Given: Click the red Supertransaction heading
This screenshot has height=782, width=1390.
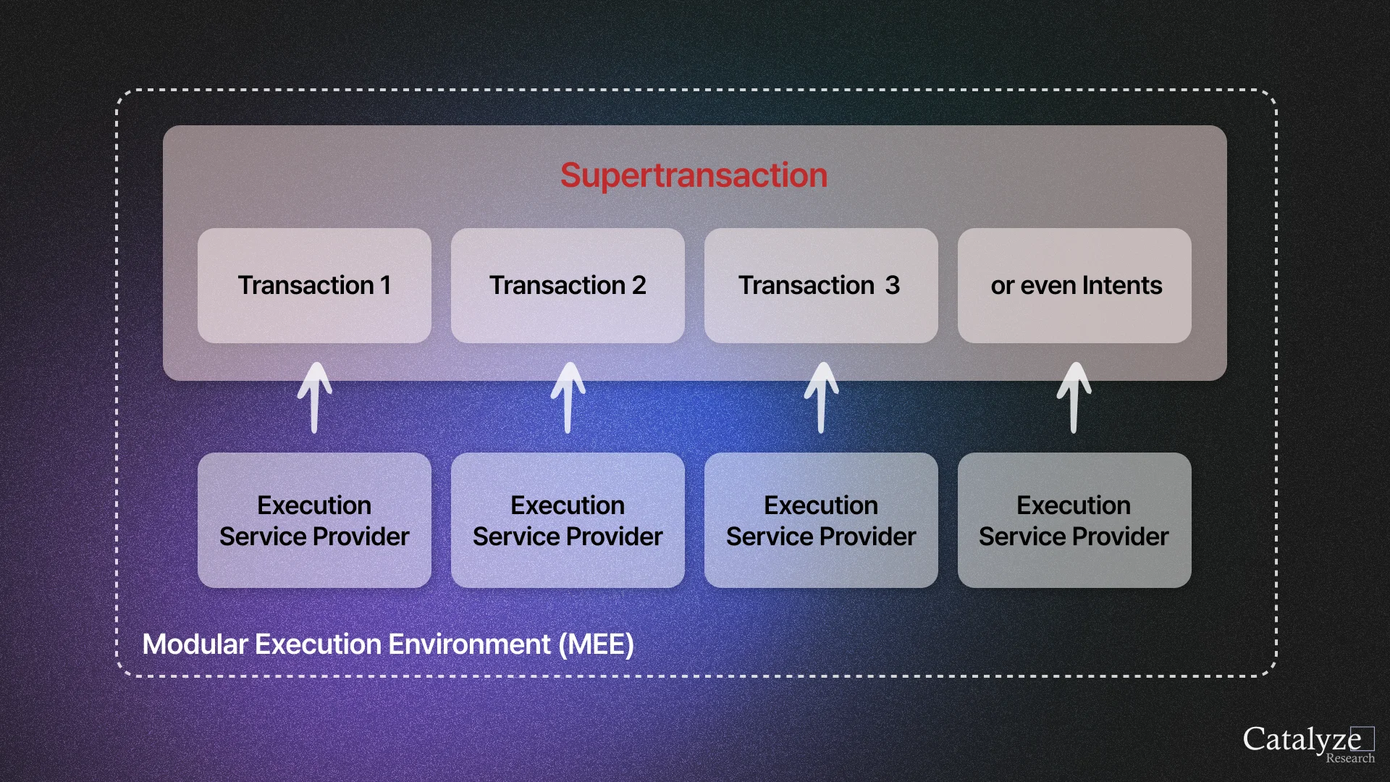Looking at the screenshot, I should (694, 175).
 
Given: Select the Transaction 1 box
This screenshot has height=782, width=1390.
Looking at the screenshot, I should (314, 285).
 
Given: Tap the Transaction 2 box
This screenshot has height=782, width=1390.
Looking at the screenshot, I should (568, 285).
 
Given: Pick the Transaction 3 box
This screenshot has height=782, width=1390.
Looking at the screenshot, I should (821, 285).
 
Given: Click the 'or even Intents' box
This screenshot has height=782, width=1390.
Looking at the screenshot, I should (1074, 285).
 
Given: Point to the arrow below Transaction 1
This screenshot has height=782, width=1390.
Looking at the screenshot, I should (314, 398).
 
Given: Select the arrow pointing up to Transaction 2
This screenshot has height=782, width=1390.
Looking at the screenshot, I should (568, 398).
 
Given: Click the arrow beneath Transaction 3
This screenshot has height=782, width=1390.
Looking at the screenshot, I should (821, 398).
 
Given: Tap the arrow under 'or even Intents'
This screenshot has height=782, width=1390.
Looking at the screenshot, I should (1074, 398).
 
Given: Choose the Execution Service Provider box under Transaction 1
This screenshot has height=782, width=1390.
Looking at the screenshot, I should (314, 520).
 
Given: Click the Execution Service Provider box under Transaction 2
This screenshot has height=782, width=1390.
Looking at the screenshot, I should (568, 520).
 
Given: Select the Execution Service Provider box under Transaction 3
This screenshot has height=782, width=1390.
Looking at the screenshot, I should (821, 520).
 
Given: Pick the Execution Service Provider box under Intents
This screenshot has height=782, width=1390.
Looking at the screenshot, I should (1074, 520).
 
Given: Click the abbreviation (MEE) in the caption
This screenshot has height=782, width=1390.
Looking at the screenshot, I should (596, 644).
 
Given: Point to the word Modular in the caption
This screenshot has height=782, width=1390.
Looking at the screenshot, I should (195, 644).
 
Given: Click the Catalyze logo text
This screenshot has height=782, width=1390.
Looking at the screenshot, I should (1301, 739).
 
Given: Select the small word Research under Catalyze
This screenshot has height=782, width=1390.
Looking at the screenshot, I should (1349, 758).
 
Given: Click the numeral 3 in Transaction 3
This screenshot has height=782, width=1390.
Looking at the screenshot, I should (892, 285).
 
